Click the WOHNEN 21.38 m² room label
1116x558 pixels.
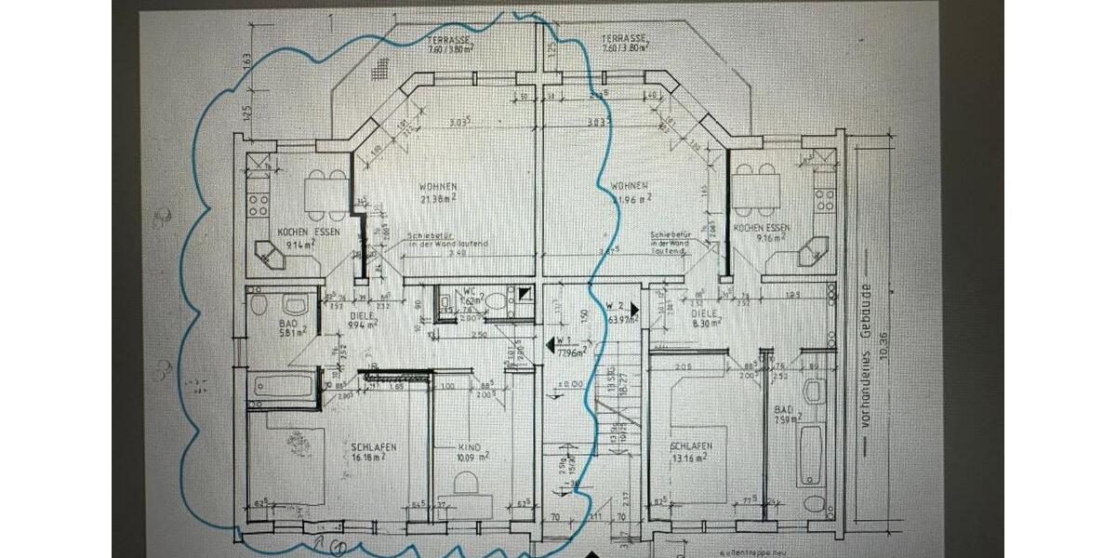(436, 191)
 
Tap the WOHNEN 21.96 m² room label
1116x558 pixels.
(631, 191)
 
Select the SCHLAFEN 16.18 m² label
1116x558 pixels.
(373, 452)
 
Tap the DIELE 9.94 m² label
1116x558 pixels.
(363, 321)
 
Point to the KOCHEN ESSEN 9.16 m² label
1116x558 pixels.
(761, 232)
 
